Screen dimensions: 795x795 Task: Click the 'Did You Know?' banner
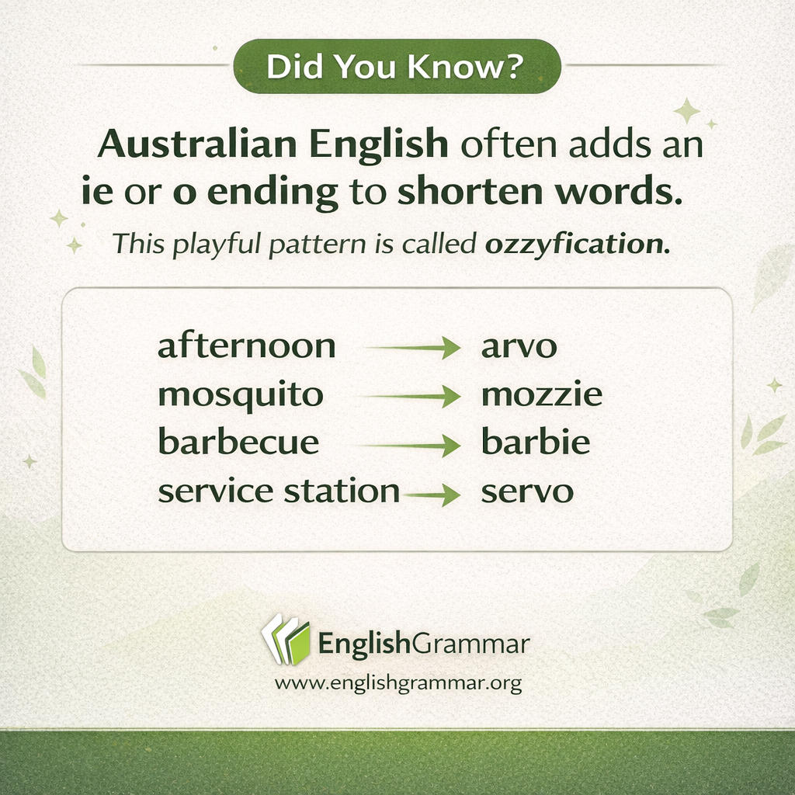click(x=397, y=67)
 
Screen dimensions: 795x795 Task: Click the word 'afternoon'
click(x=246, y=346)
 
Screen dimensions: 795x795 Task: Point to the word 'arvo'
click(x=519, y=347)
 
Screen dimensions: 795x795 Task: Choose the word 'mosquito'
click(x=240, y=396)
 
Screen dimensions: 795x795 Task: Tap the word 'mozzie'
click(x=541, y=396)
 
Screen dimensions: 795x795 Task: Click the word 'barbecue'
click(x=238, y=443)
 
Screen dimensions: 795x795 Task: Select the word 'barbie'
click(x=536, y=443)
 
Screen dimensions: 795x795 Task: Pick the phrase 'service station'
click(x=278, y=491)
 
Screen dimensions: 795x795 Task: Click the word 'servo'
click(x=527, y=491)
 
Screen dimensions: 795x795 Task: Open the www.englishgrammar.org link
click(x=397, y=684)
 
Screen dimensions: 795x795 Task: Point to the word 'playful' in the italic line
click(x=211, y=245)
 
